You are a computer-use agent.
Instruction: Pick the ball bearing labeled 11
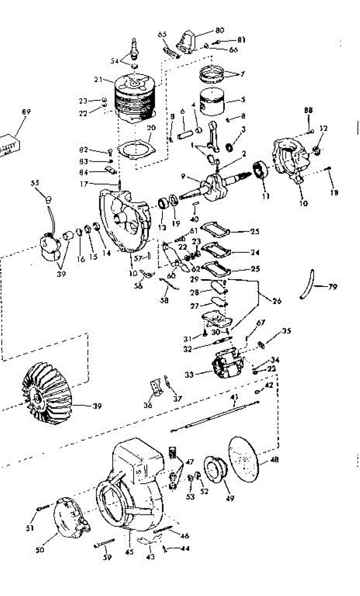coord(260,170)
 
